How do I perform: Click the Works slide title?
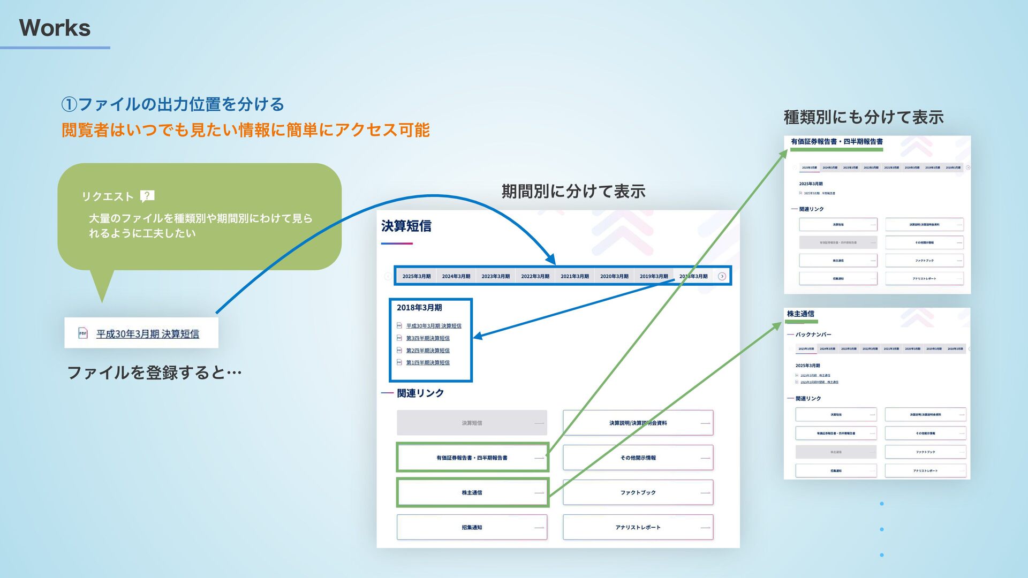(55, 28)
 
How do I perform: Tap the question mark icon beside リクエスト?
(147, 196)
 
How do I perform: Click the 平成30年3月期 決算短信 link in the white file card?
(147, 334)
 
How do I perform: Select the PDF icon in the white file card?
(83, 333)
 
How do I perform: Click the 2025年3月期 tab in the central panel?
(416, 276)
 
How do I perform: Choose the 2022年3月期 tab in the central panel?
(535, 276)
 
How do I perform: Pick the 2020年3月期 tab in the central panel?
(614, 276)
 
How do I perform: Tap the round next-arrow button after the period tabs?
(722, 276)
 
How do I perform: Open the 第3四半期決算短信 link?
(427, 338)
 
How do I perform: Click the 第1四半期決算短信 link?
(427, 363)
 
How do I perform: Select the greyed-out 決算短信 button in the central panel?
(472, 423)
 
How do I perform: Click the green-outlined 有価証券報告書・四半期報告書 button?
(472, 458)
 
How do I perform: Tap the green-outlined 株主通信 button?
(472, 492)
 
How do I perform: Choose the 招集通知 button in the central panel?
(472, 527)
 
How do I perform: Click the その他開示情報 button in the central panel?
(638, 458)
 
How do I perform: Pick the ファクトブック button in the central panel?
(638, 492)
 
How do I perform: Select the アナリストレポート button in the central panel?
(638, 527)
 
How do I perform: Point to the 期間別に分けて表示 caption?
(573, 191)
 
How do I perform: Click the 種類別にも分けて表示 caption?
(863, 117)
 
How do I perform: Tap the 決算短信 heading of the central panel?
(406, 226)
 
